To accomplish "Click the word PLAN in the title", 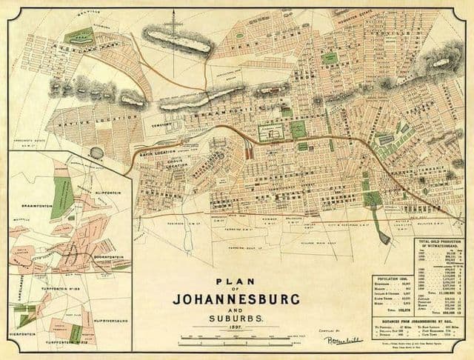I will tap(236, 281).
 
